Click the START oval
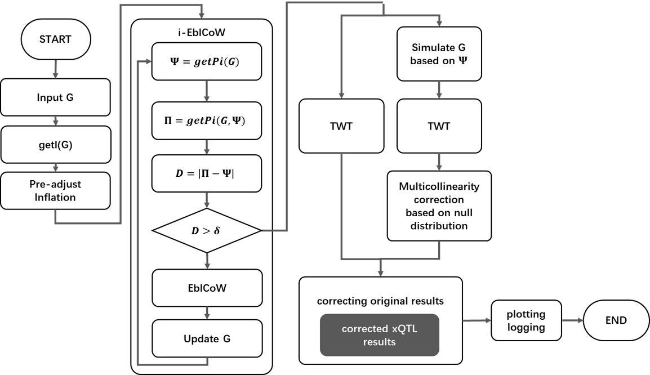pyautogui.click(x=55, y=39)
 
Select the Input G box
pyautogui.click(x=55, y=97)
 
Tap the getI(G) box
pyautogui.click(x=55, y=144)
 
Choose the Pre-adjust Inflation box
pyautogui.click(x=55, y=191)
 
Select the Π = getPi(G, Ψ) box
pyautogui.click(x=207, y=120)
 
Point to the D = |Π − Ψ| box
pyautogui.click(x=207, y=174)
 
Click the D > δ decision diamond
pyautogui.click(x=207, y=230)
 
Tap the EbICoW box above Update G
pyautogui.click(x=207, y=288)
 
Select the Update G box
pyautogui.click(x=207, y=338)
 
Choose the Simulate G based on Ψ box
pyautogui.click(x=439, y=53)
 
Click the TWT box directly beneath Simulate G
pyautogui.click(x=439, y=126)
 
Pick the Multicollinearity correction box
pyautogui.click(x=439, y=206)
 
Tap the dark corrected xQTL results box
pyautogui.click(x=379, y=335)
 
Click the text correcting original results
pyautogui.click(x=380, y=301)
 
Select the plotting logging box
pyautogui.click(x=526, y=321)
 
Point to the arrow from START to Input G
pyautogui.click(x=55, y=69)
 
